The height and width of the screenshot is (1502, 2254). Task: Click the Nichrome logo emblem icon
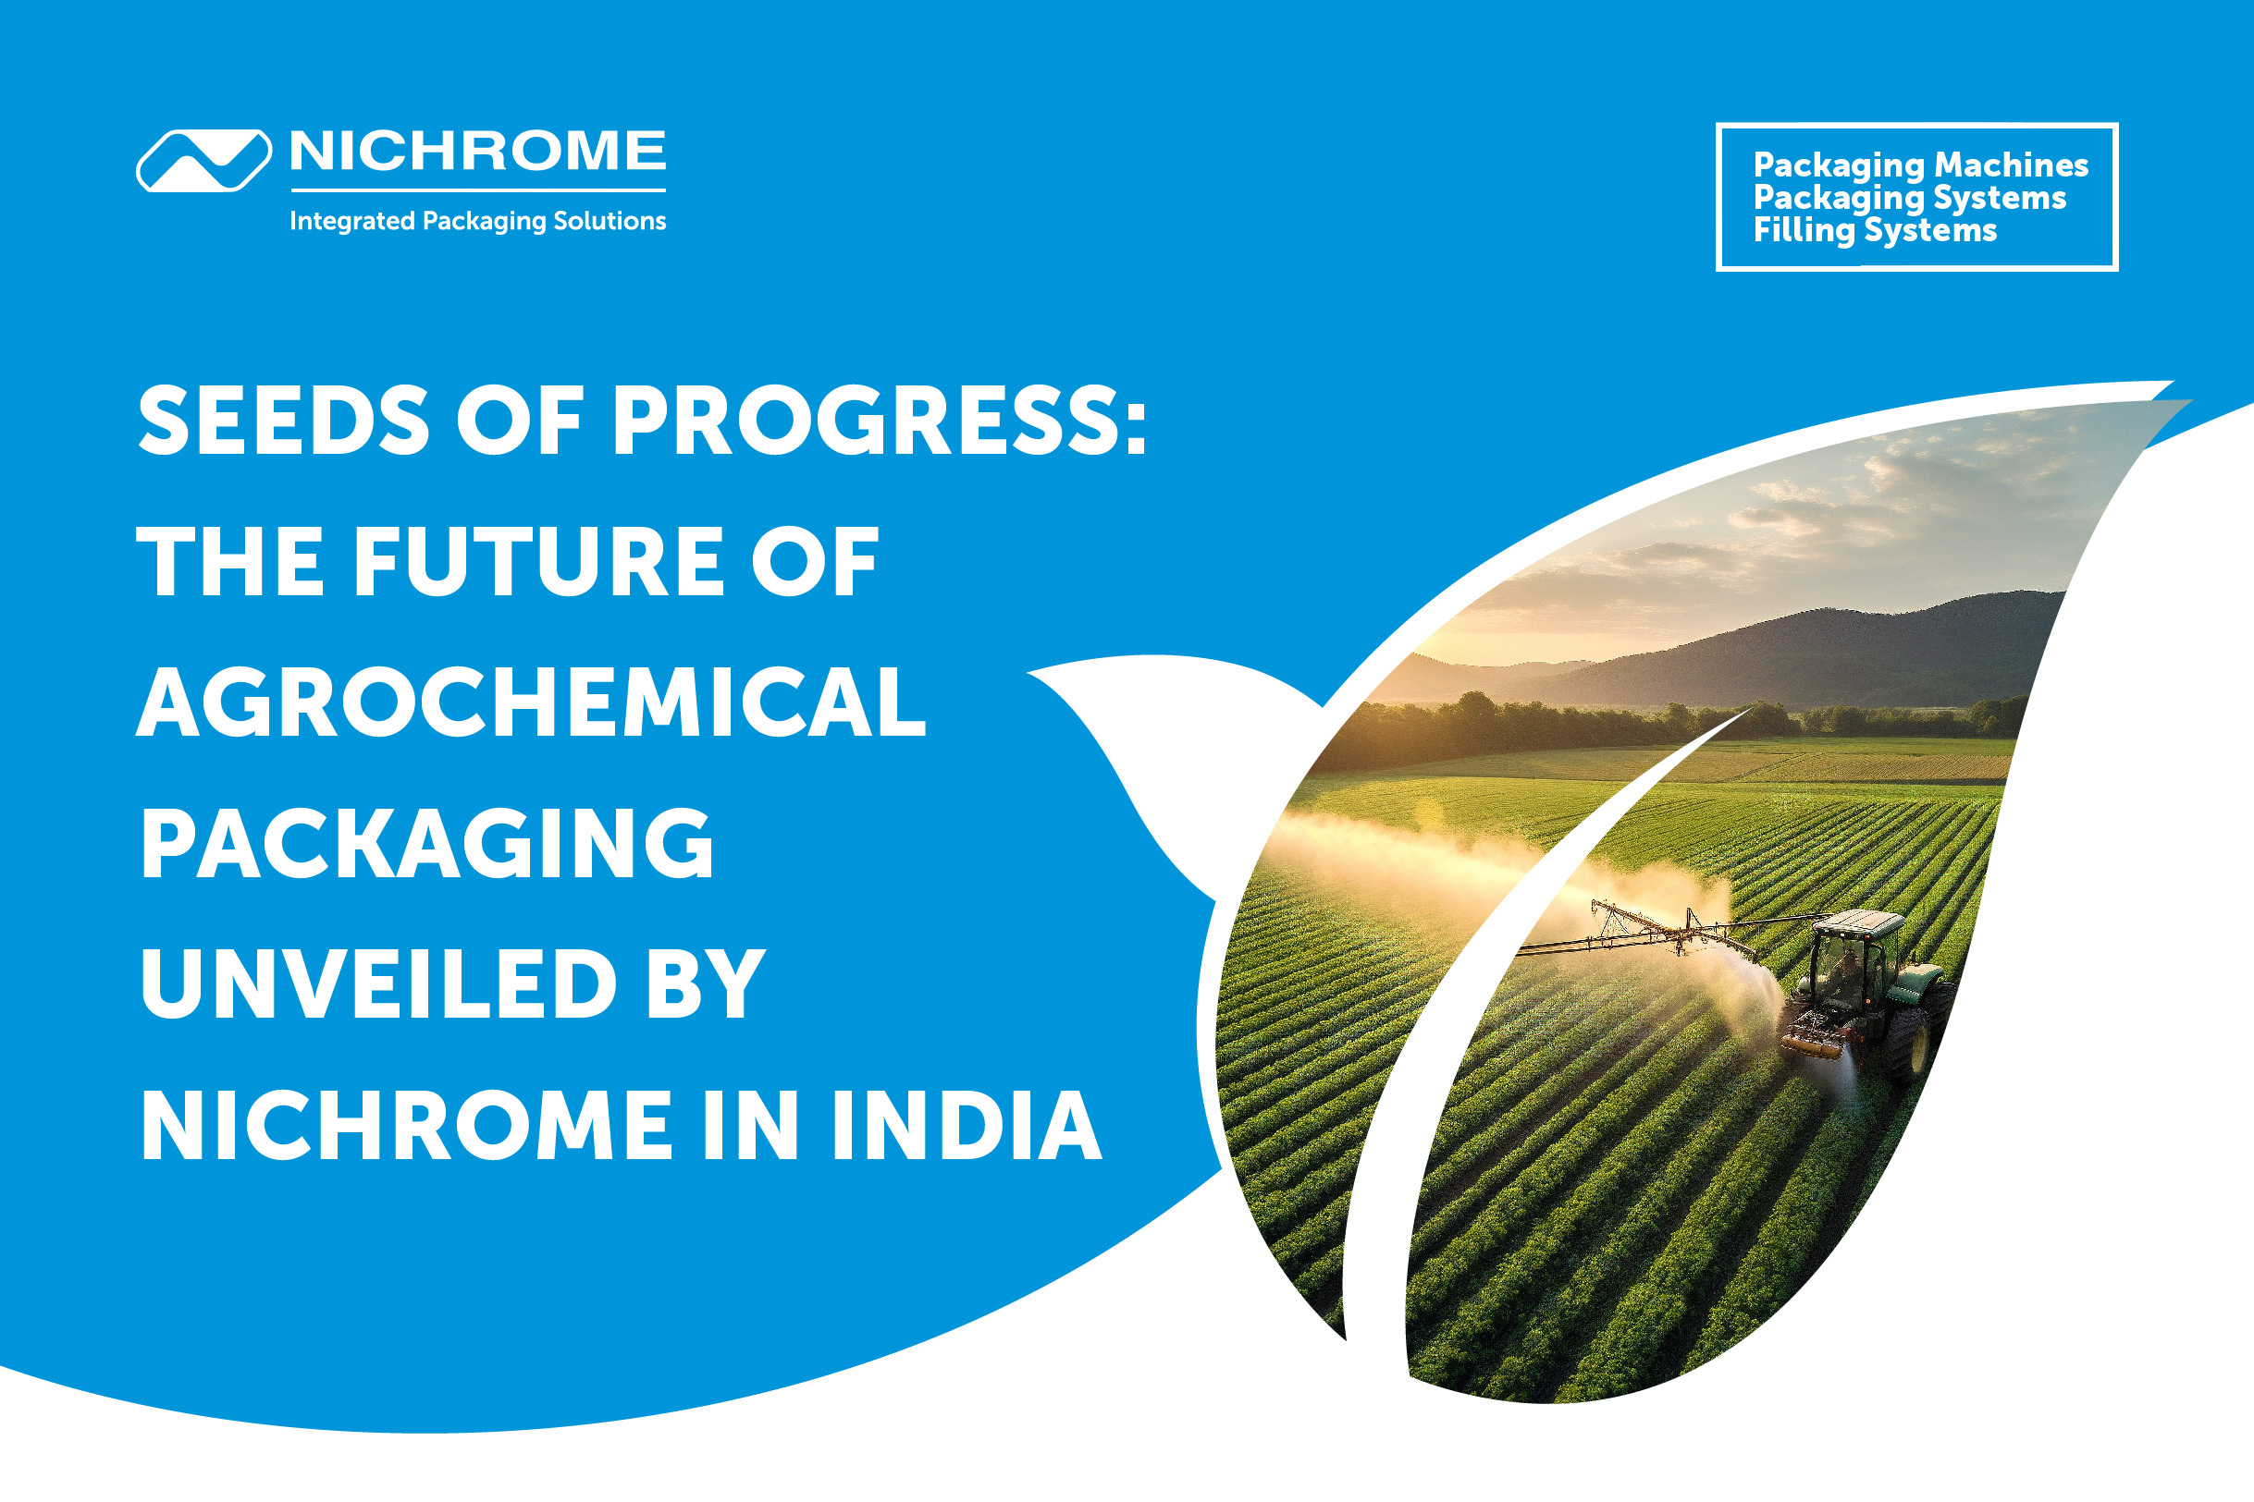click(x=203, y=160)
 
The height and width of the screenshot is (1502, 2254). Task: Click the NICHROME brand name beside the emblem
click(x=477, y=152)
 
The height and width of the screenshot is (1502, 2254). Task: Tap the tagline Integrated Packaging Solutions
click(x=477, y=221)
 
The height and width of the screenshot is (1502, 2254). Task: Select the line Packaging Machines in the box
click(x=1920, y=165)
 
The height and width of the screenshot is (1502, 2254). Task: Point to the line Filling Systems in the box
click(x=1875, y=231)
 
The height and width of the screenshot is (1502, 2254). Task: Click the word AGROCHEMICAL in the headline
click(x=532, y=702)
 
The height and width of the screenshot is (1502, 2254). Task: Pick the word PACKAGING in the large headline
click(x=427, y=843)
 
